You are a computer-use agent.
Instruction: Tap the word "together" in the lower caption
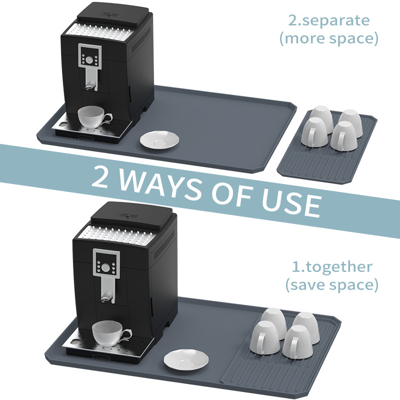[338, 267]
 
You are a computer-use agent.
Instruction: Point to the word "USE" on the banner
[291, 202]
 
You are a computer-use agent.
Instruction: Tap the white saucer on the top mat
[159, 139]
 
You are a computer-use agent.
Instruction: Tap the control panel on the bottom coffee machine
[106, 264]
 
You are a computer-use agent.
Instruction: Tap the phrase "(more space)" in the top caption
[329, 38]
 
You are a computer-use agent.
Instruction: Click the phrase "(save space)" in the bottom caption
[331, 284]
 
